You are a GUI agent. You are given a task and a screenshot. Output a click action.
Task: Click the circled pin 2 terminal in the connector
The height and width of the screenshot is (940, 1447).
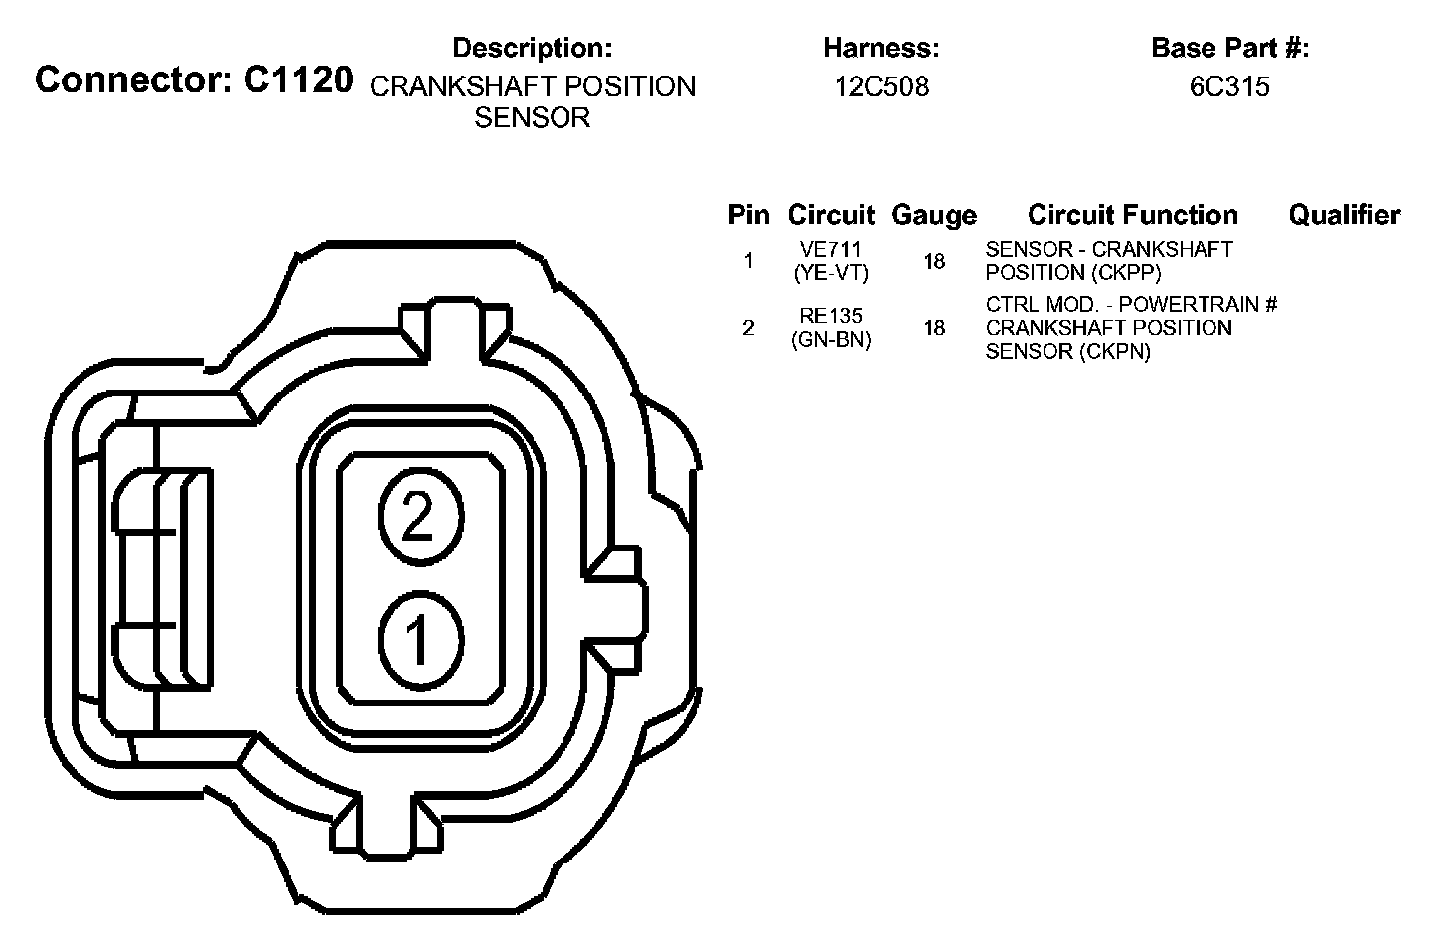click(x=420, y=517)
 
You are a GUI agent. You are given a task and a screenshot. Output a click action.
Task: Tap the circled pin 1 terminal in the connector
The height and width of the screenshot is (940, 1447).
click(x=420, y=640)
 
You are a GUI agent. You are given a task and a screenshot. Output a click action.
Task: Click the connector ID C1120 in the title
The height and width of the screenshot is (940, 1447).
click(x=298, y=80)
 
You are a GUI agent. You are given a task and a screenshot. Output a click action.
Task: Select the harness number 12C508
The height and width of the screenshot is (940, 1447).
click(x=882, y=86)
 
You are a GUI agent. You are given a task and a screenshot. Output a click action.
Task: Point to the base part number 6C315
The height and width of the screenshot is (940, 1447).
click(x=1229, y=86)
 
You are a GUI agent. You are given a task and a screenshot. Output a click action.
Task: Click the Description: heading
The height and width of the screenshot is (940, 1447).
click(x=533, y=48)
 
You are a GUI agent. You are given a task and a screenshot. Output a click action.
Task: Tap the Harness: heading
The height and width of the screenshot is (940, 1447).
click(x=882, y=48)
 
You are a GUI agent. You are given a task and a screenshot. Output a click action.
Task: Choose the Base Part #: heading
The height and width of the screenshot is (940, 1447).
click(x=1230, y=48)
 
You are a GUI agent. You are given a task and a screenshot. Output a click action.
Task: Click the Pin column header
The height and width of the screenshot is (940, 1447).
click(x=748, y=215)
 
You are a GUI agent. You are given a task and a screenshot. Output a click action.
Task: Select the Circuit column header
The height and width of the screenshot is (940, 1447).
click(x=831, y=215)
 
